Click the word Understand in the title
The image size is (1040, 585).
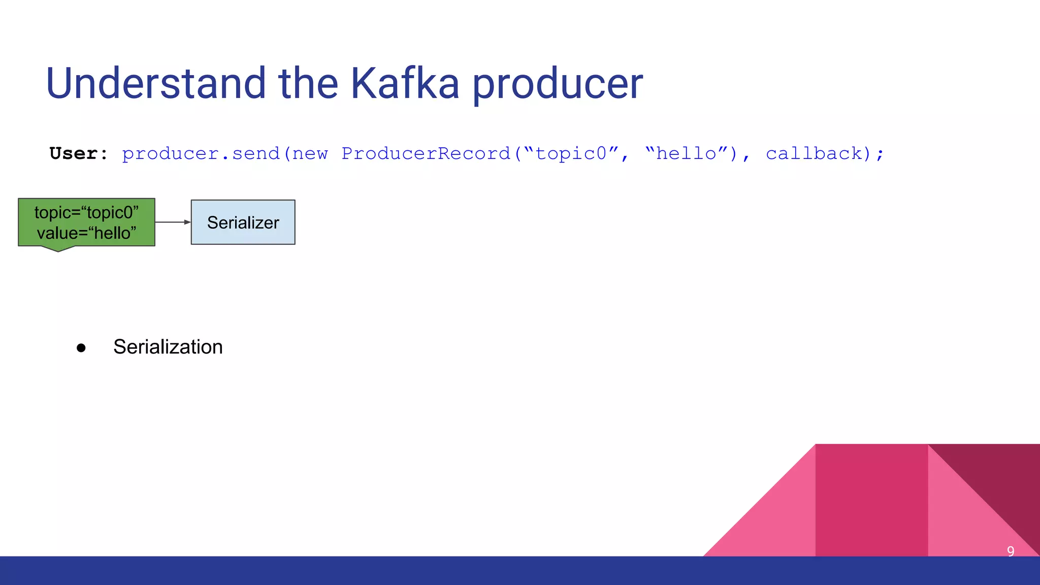click(155, 83)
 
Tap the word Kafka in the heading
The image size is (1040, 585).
click(405, 83)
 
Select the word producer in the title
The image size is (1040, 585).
click(558, 84)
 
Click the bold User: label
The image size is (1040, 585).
click(79, 153)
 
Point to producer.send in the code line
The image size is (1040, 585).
click(201, 153)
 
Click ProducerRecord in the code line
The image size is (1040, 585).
click(426, 153)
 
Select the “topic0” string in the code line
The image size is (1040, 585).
click(572, 153)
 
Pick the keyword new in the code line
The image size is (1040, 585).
click(310, 153)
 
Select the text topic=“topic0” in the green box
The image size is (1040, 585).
click(86, 212)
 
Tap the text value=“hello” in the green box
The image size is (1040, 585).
click(86, 233)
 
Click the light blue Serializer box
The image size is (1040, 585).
click(243, 222)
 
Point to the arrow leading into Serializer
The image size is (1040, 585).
click(173, 222)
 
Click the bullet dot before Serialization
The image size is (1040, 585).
click(81, 348)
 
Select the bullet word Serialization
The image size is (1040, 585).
click(168, 347)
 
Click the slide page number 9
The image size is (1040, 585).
click(1011, 551)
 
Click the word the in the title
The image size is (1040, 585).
click(308, 83)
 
